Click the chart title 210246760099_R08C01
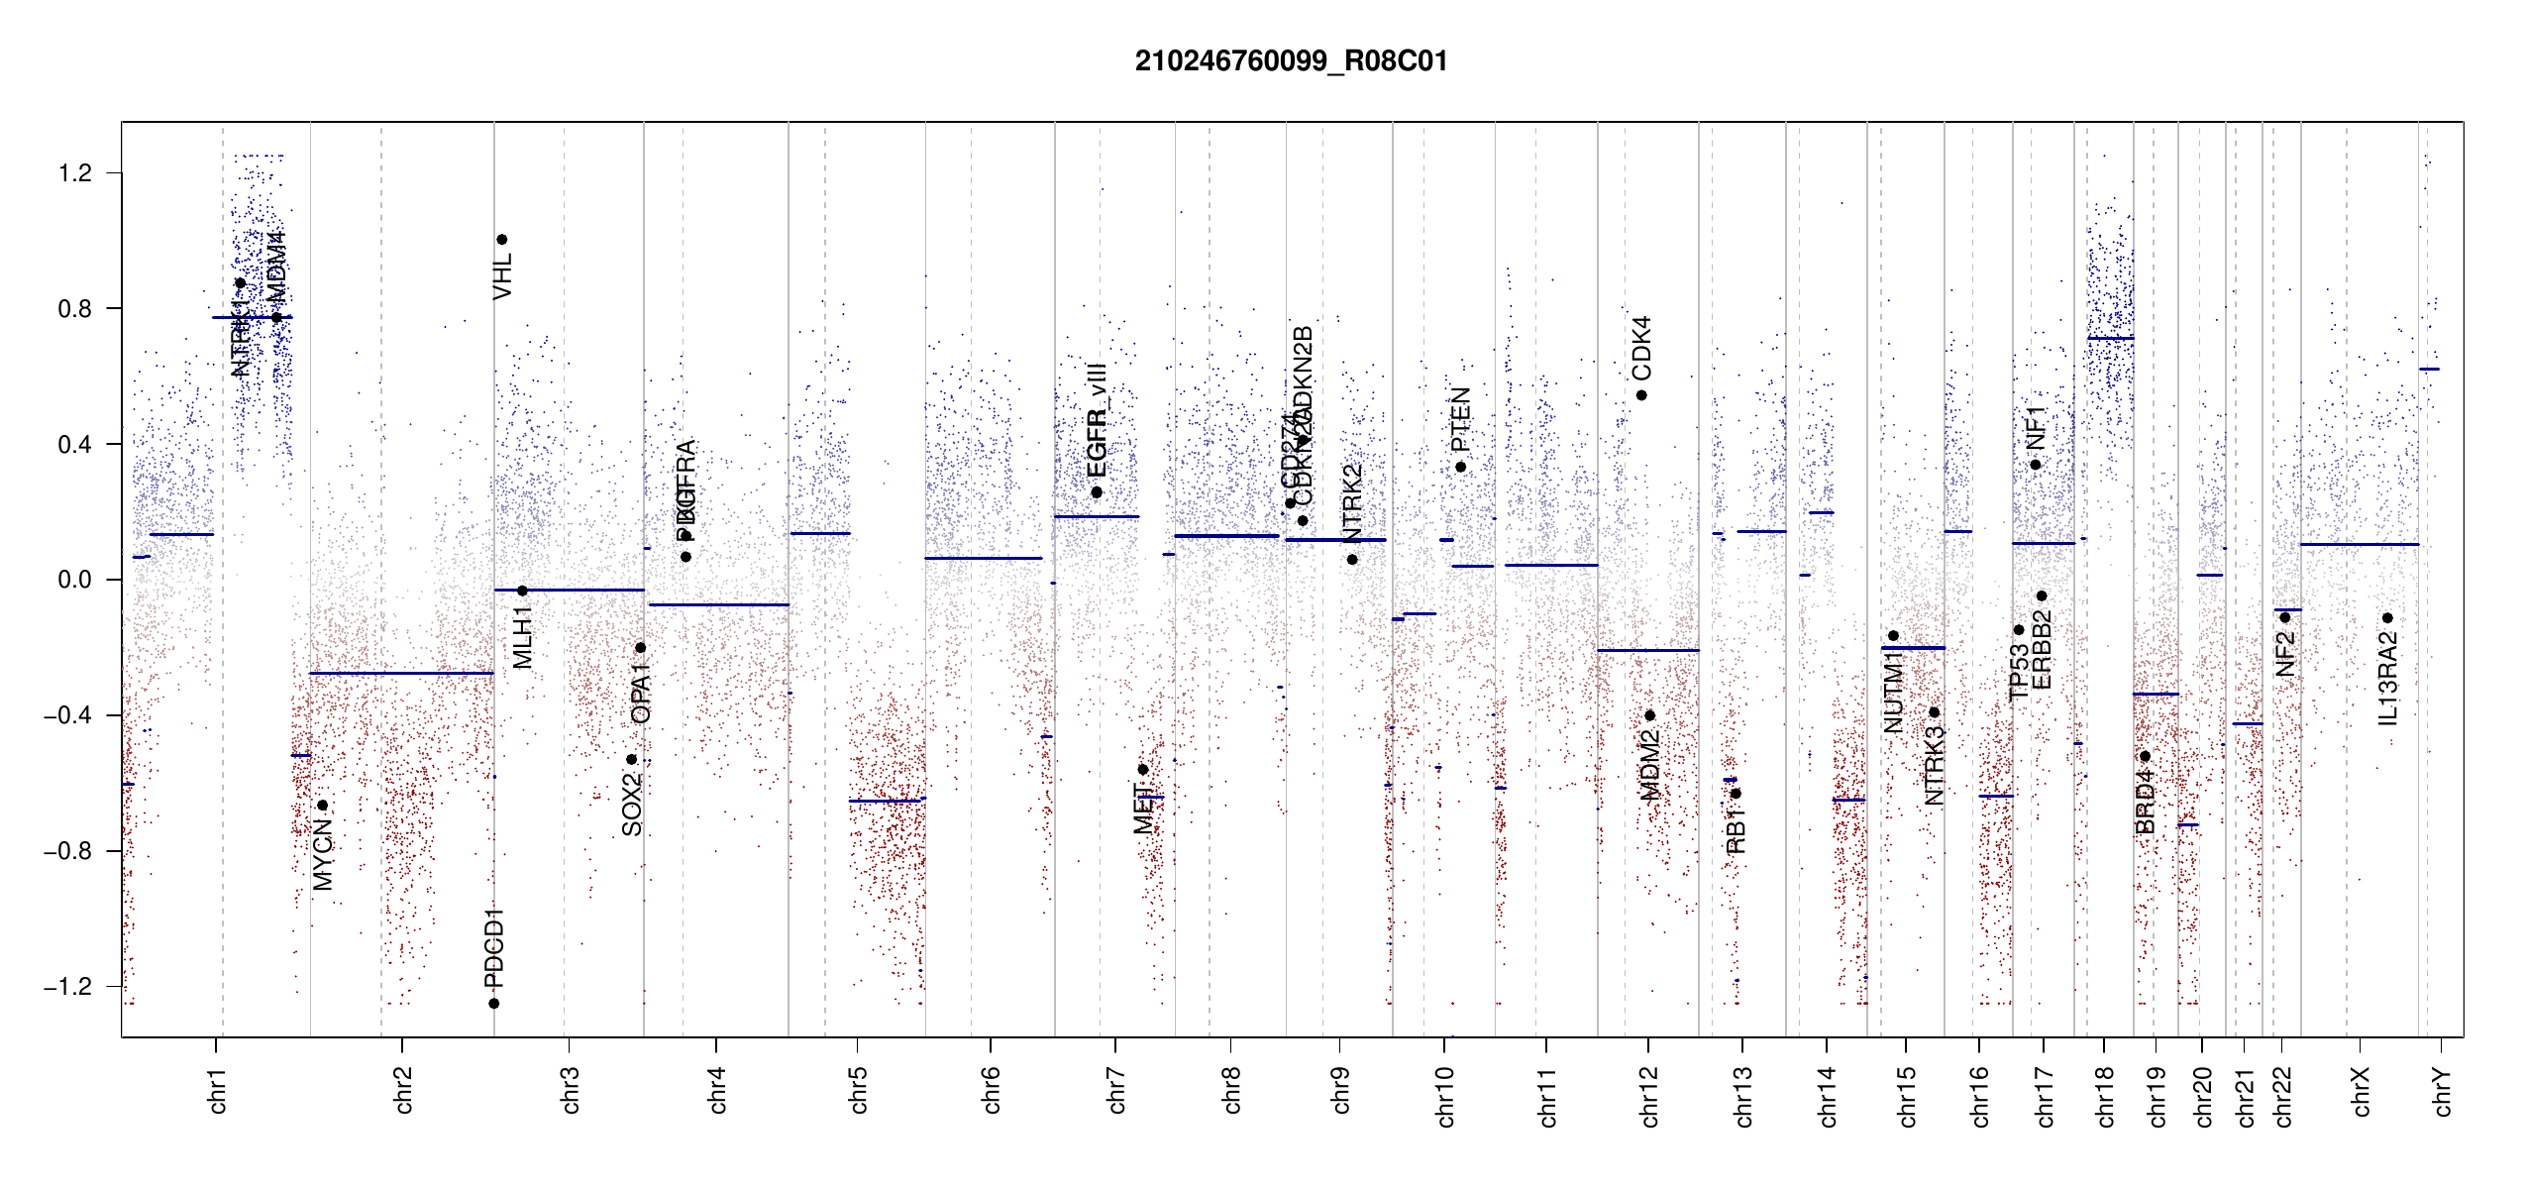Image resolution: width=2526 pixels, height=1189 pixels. (x=1291, y=61)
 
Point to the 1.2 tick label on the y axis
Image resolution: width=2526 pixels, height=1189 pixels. (x=74, y=173)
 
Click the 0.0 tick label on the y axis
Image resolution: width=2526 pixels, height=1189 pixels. (x=74, y=580)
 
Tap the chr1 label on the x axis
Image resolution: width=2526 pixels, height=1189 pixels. (x=217, y=1090)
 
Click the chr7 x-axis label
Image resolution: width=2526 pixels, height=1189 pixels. (x=1116, y=1090)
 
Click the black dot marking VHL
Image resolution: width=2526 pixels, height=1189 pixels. (x=502, y=240)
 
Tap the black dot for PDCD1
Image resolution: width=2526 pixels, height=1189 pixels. (x=494, y=1004)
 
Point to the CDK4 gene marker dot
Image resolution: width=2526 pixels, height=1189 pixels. (x=1641, y=395)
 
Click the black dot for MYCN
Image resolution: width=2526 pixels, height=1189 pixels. (x=323, y=805)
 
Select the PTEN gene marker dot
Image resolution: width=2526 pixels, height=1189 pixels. (x=1460, y=467)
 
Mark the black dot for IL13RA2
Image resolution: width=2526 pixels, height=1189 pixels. (x=2387, y=618)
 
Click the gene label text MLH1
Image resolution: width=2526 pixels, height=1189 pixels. (x=523, y=637)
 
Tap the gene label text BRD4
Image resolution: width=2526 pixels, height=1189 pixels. (x=2145, y=803)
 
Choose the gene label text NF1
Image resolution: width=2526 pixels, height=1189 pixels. (x=2036, y=427)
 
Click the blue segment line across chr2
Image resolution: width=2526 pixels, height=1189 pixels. (x=401, y=674)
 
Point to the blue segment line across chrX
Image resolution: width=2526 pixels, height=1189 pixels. (x=2359, y=544)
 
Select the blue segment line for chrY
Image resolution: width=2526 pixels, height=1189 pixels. (x=2429, y=370)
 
